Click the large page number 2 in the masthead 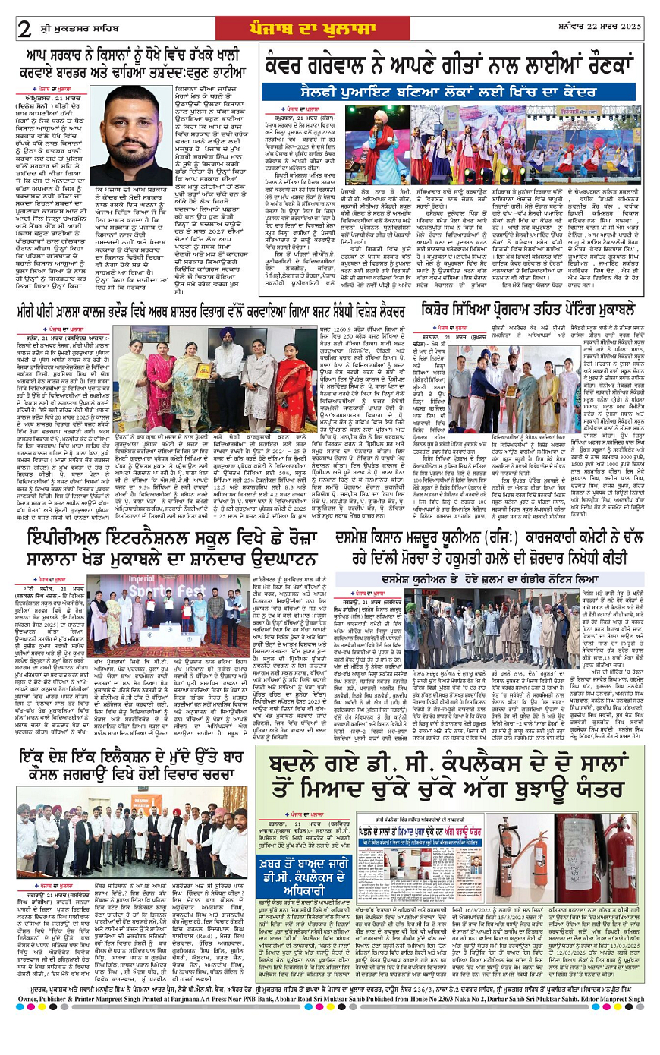pos(25,29)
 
